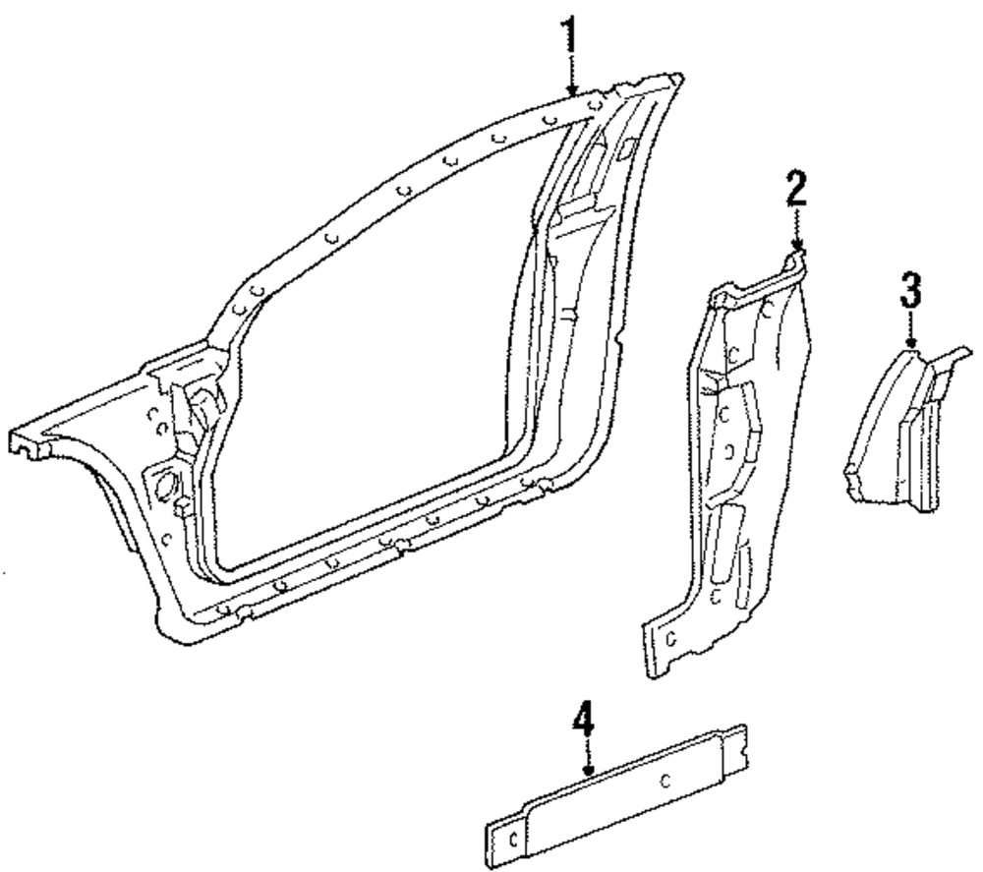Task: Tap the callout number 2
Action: (796, 189)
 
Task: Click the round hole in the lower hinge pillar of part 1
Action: (163, 484)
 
